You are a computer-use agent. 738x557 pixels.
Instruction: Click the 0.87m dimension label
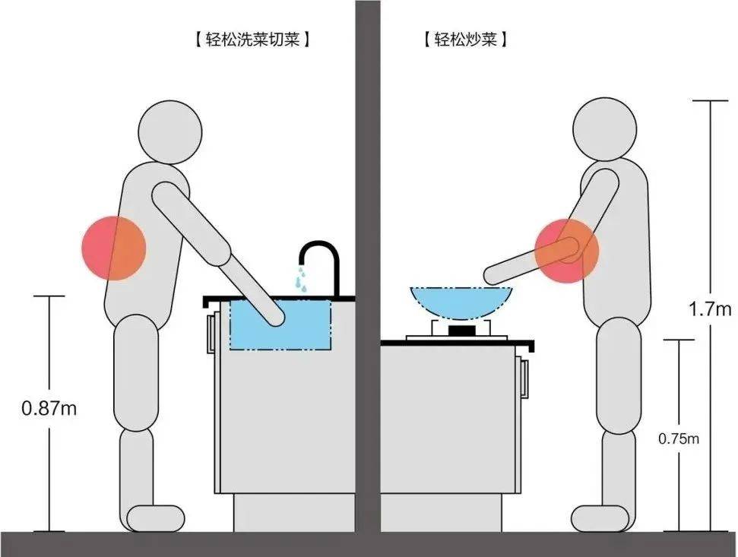point(49,408)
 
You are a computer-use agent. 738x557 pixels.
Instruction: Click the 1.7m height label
point(710,309)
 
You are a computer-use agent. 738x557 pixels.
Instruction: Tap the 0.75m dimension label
point(679,439)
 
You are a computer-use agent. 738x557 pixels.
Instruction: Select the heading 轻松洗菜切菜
point(253,39)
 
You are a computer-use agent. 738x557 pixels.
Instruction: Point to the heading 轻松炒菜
point(465,39)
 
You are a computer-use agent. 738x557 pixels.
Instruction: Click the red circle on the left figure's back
point(114,248)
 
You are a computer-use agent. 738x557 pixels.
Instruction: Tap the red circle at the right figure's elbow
point(567,251)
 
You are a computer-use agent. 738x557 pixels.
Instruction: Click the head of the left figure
point(170,132)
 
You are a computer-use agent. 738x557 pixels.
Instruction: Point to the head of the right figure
point(605,129)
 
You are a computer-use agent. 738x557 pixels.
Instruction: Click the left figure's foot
point(156,518)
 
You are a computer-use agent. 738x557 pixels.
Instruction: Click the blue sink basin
point(280,324)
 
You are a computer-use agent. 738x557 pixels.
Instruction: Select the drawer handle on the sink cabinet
point(211,333)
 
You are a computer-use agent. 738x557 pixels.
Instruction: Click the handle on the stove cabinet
point(524,378)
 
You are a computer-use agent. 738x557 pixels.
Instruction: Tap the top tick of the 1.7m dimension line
point(710,100)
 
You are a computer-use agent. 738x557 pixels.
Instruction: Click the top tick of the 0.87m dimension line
point(49,296)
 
